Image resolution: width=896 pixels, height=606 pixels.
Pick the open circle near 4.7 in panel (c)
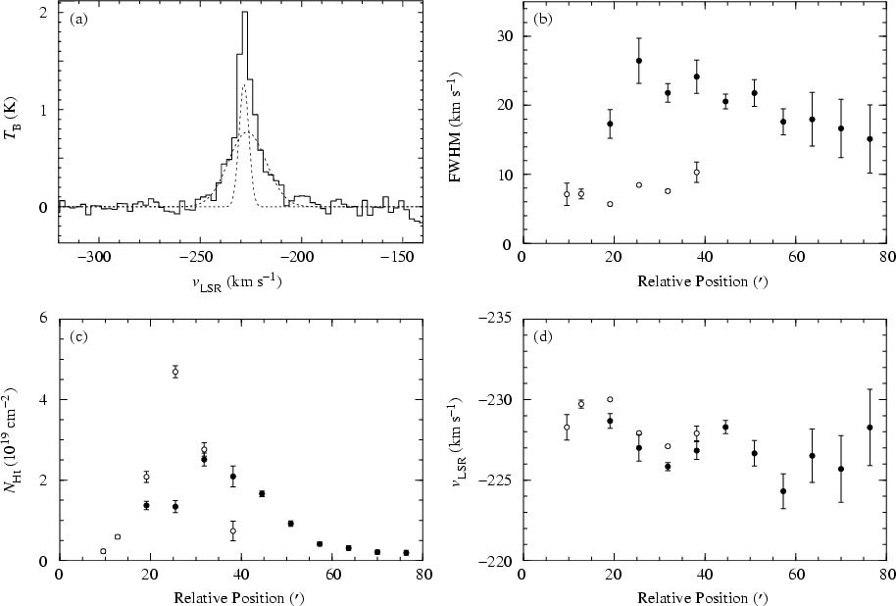pos(175,372)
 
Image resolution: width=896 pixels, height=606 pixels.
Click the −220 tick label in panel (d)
pos(498,560)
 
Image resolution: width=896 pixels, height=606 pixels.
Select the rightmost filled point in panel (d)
pos(871,428)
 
